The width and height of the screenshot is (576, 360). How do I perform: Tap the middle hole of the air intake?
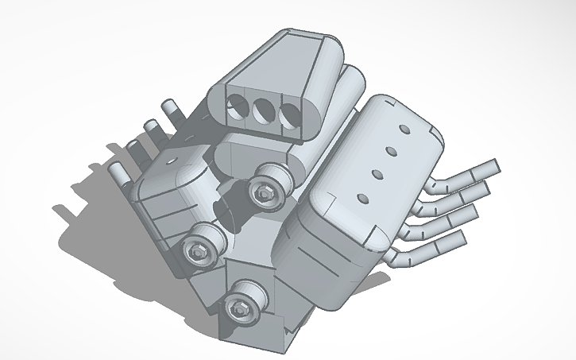(263, 110)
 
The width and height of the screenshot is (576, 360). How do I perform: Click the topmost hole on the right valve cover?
(404, 129)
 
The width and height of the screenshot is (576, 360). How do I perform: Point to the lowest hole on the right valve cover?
(363, 197)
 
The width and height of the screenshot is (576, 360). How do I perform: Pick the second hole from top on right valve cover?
(391, 150)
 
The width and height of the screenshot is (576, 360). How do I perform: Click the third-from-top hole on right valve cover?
(377, 173)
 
